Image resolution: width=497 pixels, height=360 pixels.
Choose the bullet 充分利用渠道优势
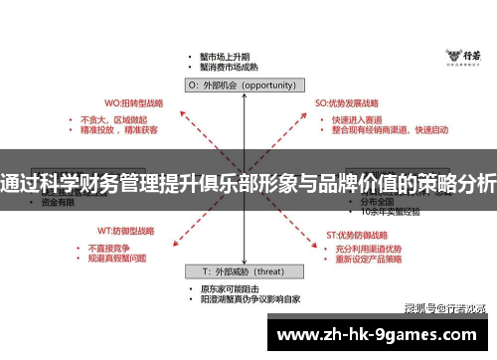[369, 248]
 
